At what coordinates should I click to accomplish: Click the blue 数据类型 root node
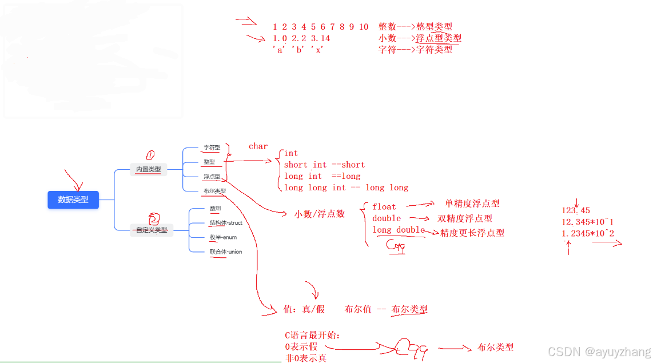pos(73,200)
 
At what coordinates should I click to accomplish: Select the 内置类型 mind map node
pos(148,169)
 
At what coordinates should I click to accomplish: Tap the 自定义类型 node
pos(152,230)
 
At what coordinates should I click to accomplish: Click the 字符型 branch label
pos(212,147)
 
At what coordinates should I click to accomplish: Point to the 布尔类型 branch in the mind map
pos(214,191)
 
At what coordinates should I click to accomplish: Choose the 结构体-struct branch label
pos(226,222)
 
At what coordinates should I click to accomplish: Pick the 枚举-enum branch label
pos(223,237)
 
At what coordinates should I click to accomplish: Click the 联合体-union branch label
pos(226,252)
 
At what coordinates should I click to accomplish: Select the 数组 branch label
pos(216,209)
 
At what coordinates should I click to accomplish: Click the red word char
pos(258,146)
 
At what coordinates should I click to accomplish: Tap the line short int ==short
pos(324,165)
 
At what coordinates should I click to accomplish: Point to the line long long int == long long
pos(346,188)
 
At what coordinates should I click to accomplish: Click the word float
pos(384,206)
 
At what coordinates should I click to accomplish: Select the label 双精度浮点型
pos(465,218)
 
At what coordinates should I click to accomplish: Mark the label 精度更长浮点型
pos(472,233)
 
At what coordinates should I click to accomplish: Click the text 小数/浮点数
pos(320,214)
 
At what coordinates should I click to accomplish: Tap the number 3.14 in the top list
pos(320,38)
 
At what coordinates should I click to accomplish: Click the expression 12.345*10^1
pos(587,222)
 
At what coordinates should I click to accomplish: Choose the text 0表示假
pos(301,346)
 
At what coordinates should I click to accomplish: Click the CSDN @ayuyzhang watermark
pos(599,352)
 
